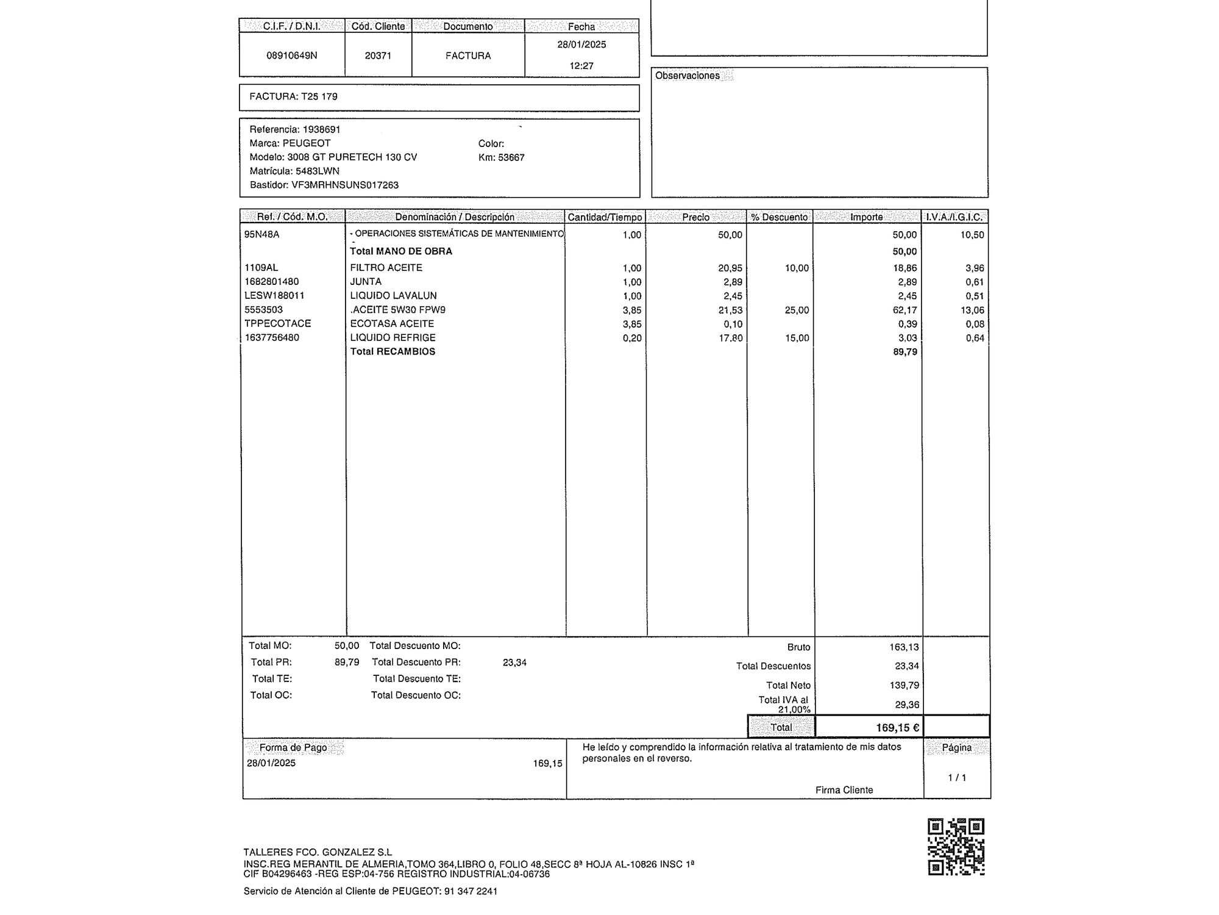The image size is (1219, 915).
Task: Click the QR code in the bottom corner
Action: (x=956, y=847)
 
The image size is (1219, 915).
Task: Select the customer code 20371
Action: (x=378, y=56)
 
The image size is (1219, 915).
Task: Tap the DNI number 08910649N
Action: (x=292, y=56)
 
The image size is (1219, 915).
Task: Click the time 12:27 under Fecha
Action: (x=581, y=66)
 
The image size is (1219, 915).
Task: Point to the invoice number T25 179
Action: (x=319, y=96)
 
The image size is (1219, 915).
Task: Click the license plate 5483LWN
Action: (x=318, y=171)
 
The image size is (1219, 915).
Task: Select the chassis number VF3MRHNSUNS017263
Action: (x=345, y=185)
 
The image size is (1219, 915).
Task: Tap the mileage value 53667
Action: (x=511, y=157)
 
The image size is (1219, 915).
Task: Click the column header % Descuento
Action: (x=780, y=217)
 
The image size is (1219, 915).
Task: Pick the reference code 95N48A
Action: (x=262, y=234)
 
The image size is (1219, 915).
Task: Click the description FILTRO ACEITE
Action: (x=386, y=268)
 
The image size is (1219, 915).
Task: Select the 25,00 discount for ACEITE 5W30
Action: (x=797, y=310)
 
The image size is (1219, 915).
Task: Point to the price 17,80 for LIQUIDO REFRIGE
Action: (x=730, y=338)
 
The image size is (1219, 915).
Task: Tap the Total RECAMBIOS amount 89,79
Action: (x=905, y=352)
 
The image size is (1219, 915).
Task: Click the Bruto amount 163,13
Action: (x=904, y=647)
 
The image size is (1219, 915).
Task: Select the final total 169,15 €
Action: (x=897, y=727)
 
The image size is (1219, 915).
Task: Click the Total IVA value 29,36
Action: (x=907, y=705)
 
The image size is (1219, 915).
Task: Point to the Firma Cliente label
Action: (x=844, y=790)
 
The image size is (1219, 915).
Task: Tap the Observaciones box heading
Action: (x=688, y=76)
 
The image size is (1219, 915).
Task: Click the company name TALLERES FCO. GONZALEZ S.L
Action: (x=318, y=852)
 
